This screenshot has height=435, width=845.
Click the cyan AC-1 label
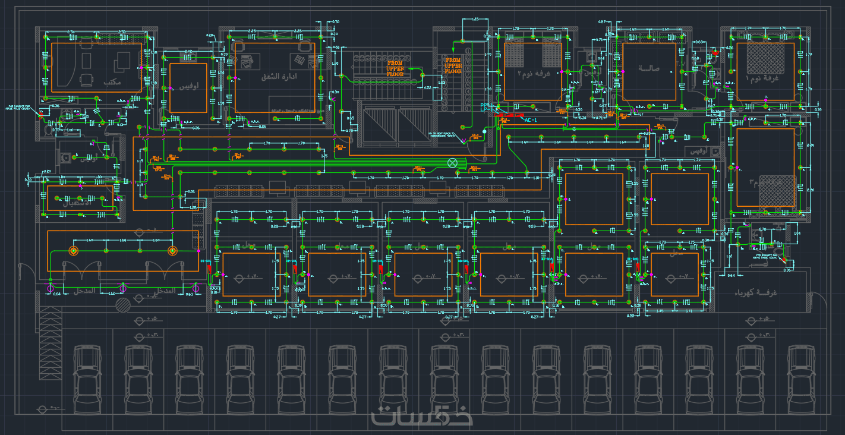click(531, 119)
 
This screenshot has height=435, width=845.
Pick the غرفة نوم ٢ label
click(539, 74)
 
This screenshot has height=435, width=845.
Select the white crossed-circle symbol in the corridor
click(453, 162)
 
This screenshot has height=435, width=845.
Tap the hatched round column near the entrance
click(123, 305)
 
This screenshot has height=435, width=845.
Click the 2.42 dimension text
click(188, 52)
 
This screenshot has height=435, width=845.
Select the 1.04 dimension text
click(797, 233)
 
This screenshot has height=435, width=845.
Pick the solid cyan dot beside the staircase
click(484, 131)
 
